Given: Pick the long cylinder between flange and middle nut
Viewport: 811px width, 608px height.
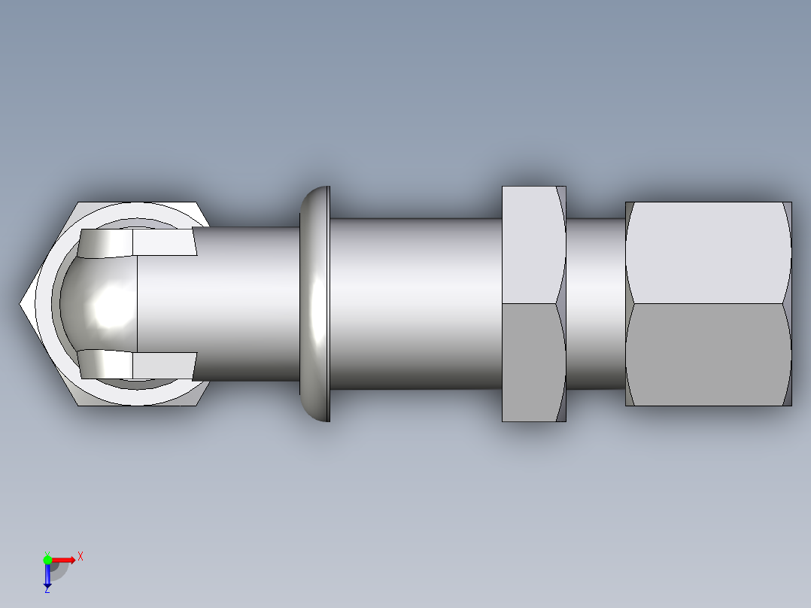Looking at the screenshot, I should (414, 304).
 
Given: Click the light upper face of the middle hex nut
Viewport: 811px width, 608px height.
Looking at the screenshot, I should (530, 245).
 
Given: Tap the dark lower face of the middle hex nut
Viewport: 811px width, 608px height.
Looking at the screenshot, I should (530, 361).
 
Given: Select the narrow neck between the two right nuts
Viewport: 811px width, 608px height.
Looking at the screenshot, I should (595, 304).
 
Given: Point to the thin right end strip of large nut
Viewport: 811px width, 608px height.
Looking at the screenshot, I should (788, 304).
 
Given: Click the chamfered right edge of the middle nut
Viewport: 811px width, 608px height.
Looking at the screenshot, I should (561, 304).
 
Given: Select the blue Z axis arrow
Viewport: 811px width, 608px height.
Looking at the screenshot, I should (47, 576).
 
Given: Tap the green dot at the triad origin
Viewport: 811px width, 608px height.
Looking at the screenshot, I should (47, 559).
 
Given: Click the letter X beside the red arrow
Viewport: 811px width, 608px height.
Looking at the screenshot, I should (80, 557).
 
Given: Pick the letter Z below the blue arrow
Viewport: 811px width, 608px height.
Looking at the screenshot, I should (47, 591).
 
